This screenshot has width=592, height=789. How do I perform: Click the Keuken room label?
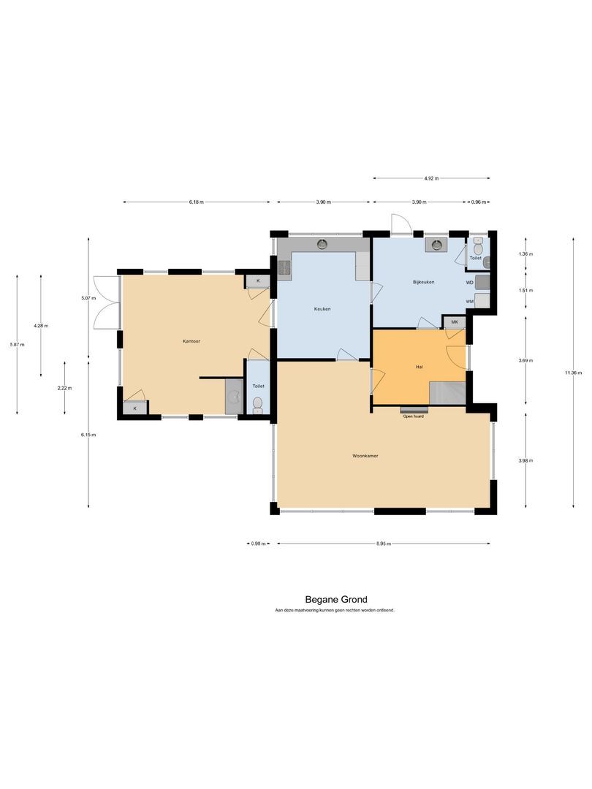point(322,309)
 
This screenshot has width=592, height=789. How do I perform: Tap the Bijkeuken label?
point(423,281)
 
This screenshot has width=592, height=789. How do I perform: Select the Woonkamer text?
point(365,456)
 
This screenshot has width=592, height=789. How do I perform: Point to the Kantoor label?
point(192,341)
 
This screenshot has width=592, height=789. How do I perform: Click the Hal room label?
point(420,367)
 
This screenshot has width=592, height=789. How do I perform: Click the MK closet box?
point(454,322)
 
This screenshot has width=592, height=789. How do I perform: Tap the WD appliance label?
point(469,282)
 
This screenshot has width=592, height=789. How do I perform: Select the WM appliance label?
point(469,301)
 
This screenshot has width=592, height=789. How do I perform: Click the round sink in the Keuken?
point(322,244)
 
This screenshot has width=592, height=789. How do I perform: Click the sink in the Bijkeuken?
point(438,245)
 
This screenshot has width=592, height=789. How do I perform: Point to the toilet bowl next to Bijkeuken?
point(478,249)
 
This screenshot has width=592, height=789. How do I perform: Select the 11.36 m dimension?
point(574,373)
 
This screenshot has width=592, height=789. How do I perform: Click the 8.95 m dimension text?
point(384,544)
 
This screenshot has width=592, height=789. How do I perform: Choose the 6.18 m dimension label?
point(196,202)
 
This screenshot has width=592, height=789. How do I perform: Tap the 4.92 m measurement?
point(431,178)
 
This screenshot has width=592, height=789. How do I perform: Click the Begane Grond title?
point(336,600)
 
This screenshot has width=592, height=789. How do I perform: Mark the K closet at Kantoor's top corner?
point(257,281)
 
